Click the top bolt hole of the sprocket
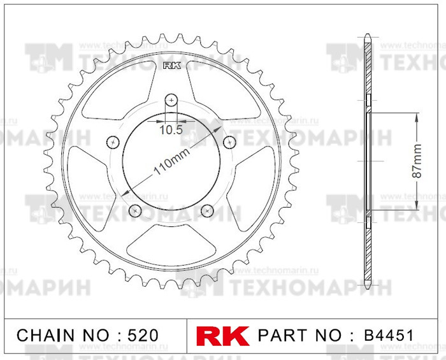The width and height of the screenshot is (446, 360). click(x=171, y=99)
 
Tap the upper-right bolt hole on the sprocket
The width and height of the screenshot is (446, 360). click(x=229, y=141)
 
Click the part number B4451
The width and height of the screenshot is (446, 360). click(x=389, y=335)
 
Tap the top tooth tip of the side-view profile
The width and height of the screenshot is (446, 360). click(x=368, y=35)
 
